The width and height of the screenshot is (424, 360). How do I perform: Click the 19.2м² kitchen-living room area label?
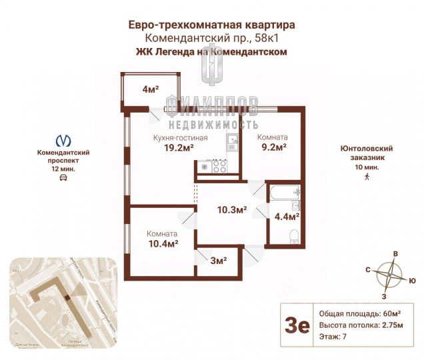tap(170, 148)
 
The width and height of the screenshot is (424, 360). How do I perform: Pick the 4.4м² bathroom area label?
tap(287, 216)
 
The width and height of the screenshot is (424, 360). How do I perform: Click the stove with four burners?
tap(219, 167)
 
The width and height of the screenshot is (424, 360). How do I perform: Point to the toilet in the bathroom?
tap(293, 236)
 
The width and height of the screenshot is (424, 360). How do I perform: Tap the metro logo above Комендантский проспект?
tap(64, 141)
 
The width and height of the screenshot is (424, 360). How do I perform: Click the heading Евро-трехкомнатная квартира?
tap(211, 25)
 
